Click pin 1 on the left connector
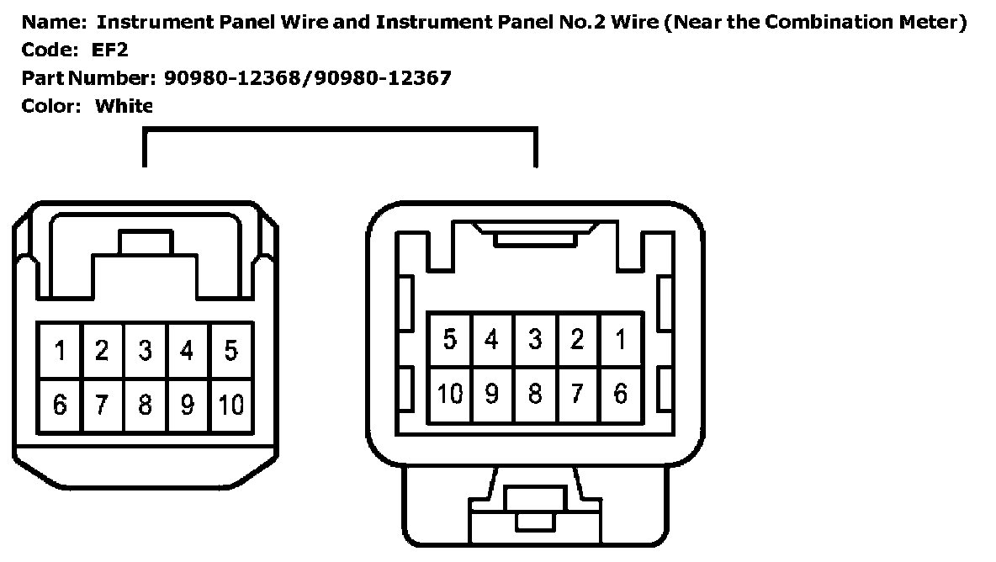(x=60, y=350)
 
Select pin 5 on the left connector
(x=230, y=350)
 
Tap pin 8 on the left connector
(x=145, y=405)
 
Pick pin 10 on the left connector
(x=230, y=405)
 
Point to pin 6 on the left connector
(x=60, y=405)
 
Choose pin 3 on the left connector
(x=145, y=350)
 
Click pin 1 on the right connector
(x=621, y=340)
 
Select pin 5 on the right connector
(x=450, y=340)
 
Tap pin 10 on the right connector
(x=450, y=394)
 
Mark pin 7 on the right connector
(x=578, y=394)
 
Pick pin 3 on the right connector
(x=535, y=340)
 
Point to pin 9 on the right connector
(x=492, y=394)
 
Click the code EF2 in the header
(x=109, y=50)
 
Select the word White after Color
(x=124, y=106)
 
